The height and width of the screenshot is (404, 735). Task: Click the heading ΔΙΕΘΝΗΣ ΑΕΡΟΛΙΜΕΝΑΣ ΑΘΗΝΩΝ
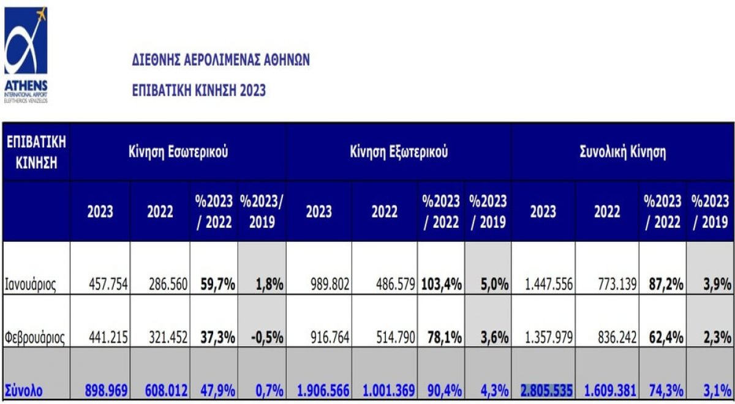point(221,60)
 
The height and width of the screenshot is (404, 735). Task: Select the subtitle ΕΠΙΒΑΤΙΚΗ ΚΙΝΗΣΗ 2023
point(199,91)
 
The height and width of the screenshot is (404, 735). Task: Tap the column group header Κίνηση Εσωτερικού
point(178,152)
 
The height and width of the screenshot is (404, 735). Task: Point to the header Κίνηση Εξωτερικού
point(399,152)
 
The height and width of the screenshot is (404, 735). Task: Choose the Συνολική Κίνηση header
point(622,152)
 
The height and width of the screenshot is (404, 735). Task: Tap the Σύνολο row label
point(24,390)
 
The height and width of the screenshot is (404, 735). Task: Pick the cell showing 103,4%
point(441,285)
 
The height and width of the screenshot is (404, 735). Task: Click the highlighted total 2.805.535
point(546,390)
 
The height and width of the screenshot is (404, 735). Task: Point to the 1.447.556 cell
point(546,285)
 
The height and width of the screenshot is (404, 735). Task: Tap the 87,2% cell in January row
point(663,285)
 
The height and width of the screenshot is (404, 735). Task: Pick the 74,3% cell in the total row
point(663,390)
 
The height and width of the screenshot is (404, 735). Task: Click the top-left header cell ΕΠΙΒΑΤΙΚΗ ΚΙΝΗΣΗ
point(36,152)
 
